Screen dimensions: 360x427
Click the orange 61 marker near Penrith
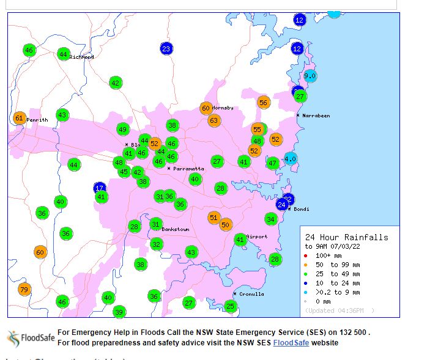19,119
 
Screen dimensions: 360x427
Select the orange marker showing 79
24,290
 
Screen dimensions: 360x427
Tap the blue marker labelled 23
166,49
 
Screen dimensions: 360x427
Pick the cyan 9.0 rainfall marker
310,76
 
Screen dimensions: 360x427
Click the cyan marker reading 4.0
291,159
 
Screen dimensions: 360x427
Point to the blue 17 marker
100,188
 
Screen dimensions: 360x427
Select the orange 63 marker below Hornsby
213,120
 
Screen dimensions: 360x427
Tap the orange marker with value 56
264,103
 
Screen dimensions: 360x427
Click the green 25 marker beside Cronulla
230,306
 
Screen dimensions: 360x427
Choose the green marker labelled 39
119,312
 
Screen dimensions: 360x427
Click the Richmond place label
82,57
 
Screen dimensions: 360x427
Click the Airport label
256,237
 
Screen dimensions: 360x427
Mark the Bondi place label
300,209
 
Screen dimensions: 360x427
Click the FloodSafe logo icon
13,339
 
